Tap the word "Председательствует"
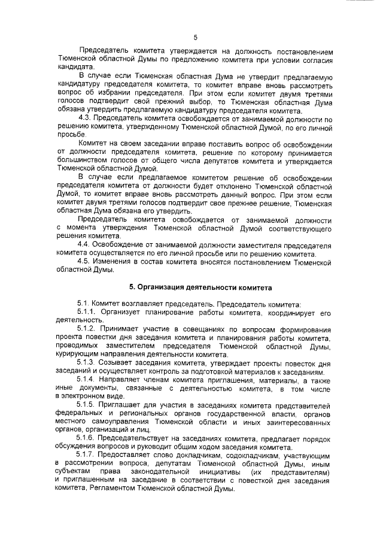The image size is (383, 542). click(x=141, y=439)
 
